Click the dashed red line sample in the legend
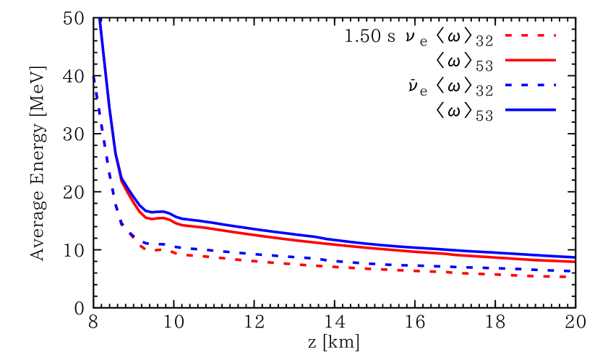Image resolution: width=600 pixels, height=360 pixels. click(x=530, y=35)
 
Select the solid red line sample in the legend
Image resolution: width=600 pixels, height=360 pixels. click(x=530, y=60)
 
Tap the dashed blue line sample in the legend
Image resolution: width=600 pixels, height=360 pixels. click(x=530, y=85)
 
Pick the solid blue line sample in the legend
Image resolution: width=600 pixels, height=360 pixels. click(x=530, y=109)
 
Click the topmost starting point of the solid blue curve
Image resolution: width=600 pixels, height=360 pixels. click(x=100, y=20)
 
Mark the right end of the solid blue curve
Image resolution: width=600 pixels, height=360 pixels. click(x=573, y=257)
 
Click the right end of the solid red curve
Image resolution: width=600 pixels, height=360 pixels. click(x=573, y=262)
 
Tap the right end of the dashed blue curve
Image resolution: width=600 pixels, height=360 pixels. click(x=570, y=271)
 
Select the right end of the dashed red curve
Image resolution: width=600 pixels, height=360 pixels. click(x=565, y=276)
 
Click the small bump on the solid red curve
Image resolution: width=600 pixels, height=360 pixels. click(x=164, y=216)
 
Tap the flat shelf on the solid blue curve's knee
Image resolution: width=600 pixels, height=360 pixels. click(x=158, y=212)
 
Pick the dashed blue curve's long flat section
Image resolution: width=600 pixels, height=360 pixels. click(x=361, y=262)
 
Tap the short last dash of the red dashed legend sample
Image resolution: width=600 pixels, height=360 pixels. click(x=554, y=35)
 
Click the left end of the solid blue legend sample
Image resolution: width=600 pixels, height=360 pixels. click(x=507, y=109)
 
